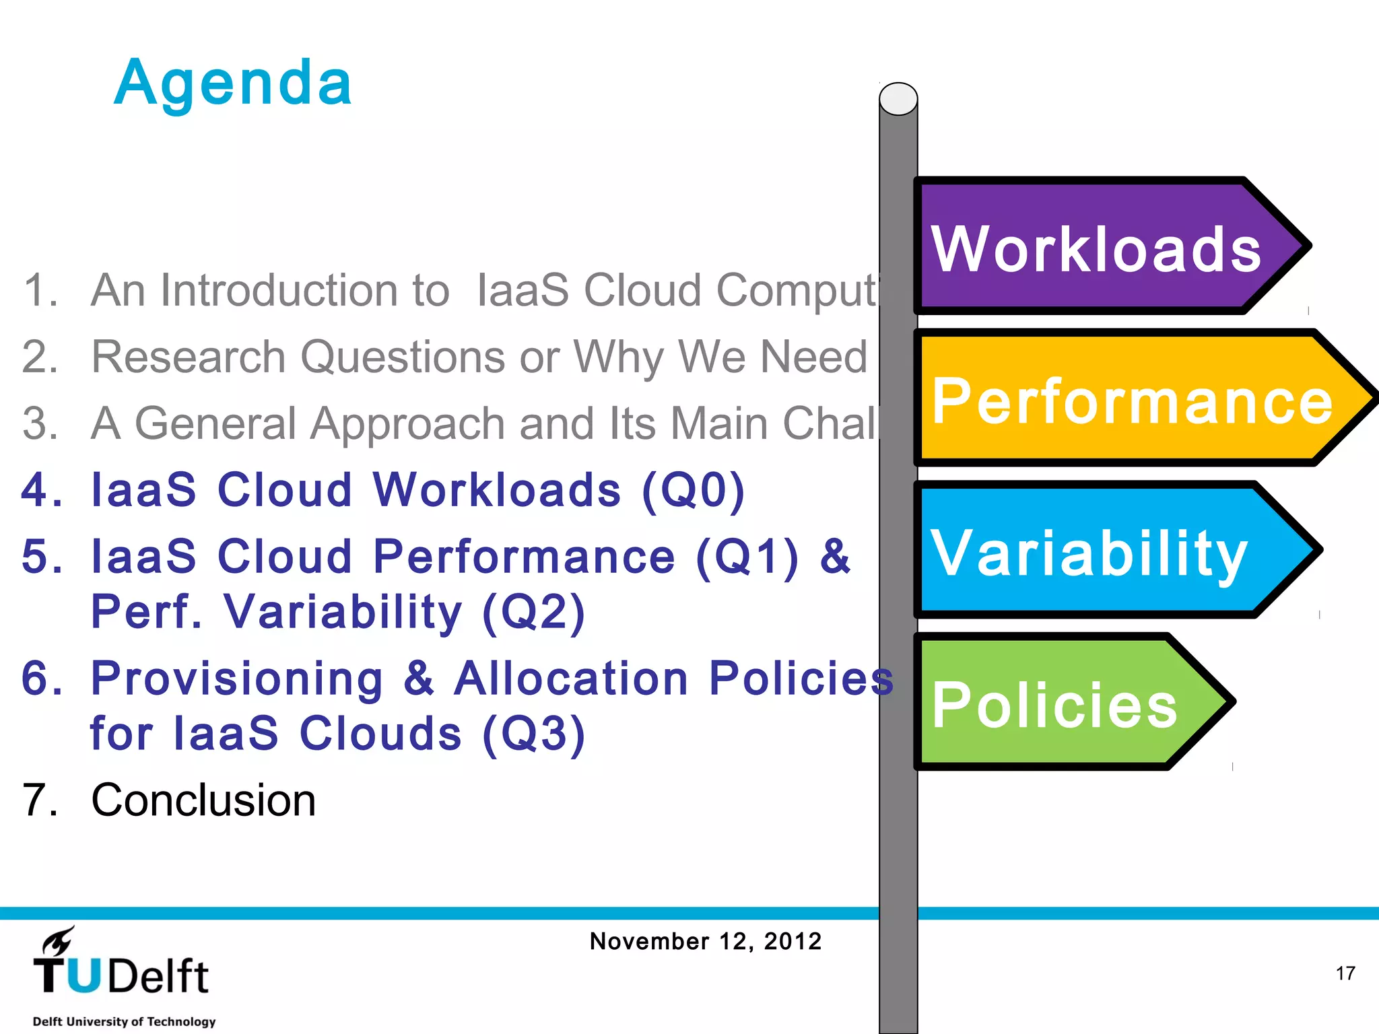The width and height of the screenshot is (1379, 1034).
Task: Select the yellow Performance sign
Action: [x=1131, y=400]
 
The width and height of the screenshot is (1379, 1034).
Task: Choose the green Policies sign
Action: [x=1054, y=704]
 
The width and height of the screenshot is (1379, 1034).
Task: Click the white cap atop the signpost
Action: [x=898, y=99]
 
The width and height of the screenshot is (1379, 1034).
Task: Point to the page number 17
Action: [x=1345, y=973]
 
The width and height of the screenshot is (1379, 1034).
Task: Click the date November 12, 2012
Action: [x=706, y=941]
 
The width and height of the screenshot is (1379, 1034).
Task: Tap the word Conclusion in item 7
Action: [x=203, y=800]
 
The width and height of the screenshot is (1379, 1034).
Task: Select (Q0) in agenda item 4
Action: [x=694, y=490]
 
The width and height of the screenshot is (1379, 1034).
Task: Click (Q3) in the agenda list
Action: [x=533, y=733]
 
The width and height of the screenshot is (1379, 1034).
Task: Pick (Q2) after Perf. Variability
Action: [x=533, y=612]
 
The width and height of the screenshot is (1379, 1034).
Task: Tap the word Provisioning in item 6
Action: [x=237, y=679]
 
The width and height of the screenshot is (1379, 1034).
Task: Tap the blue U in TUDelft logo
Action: [x=84, y=976]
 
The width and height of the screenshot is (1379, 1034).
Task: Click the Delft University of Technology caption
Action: [x=125, y=1021]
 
